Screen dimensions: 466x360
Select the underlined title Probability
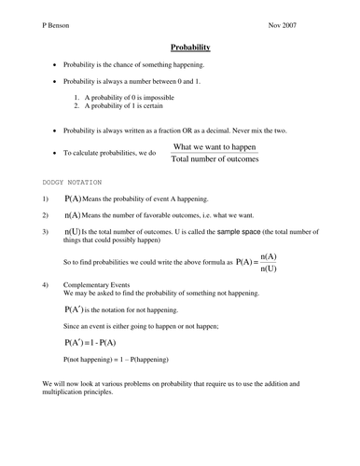(x=190, y=46)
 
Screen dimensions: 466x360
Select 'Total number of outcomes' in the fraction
(x=215, y=159)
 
